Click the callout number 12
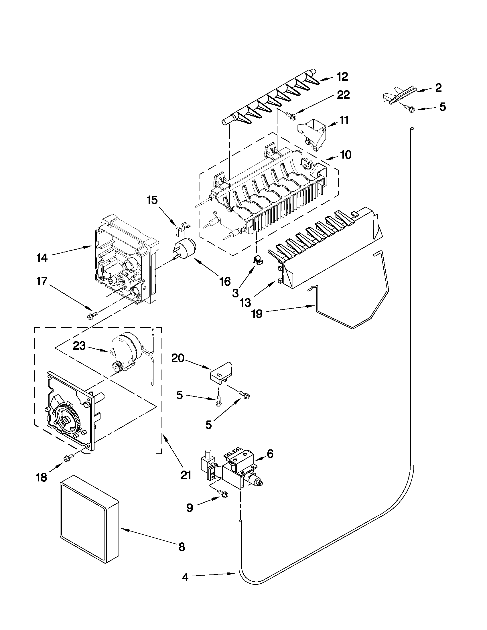coord(342,77)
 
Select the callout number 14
coord(42,258)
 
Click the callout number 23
coord(79,345)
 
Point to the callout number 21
coord(186,475)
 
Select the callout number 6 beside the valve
coord(270,454)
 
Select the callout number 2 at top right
coord(438,88)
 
